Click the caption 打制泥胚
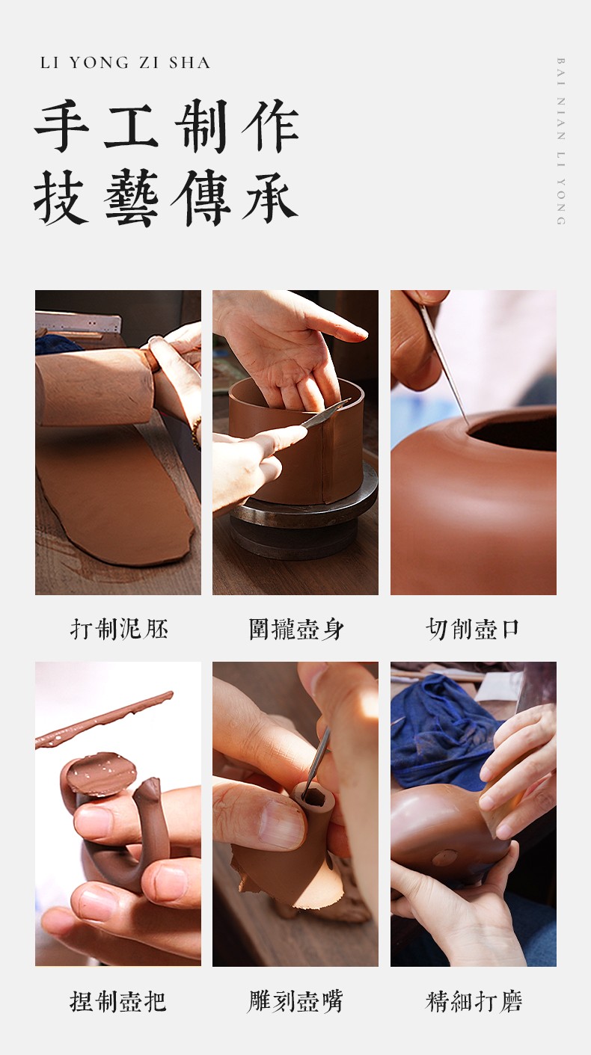click(119, 629)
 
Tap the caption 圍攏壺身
click(296, 629)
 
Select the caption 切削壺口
click(473, 629)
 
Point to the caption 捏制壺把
click(117, 1001)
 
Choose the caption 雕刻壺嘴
click(295, 1001)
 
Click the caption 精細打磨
click(474, 1001)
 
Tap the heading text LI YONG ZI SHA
click(125, 63)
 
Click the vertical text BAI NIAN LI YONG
click(561, 141)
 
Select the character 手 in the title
click(62, 126)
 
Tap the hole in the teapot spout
click(314, 797)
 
